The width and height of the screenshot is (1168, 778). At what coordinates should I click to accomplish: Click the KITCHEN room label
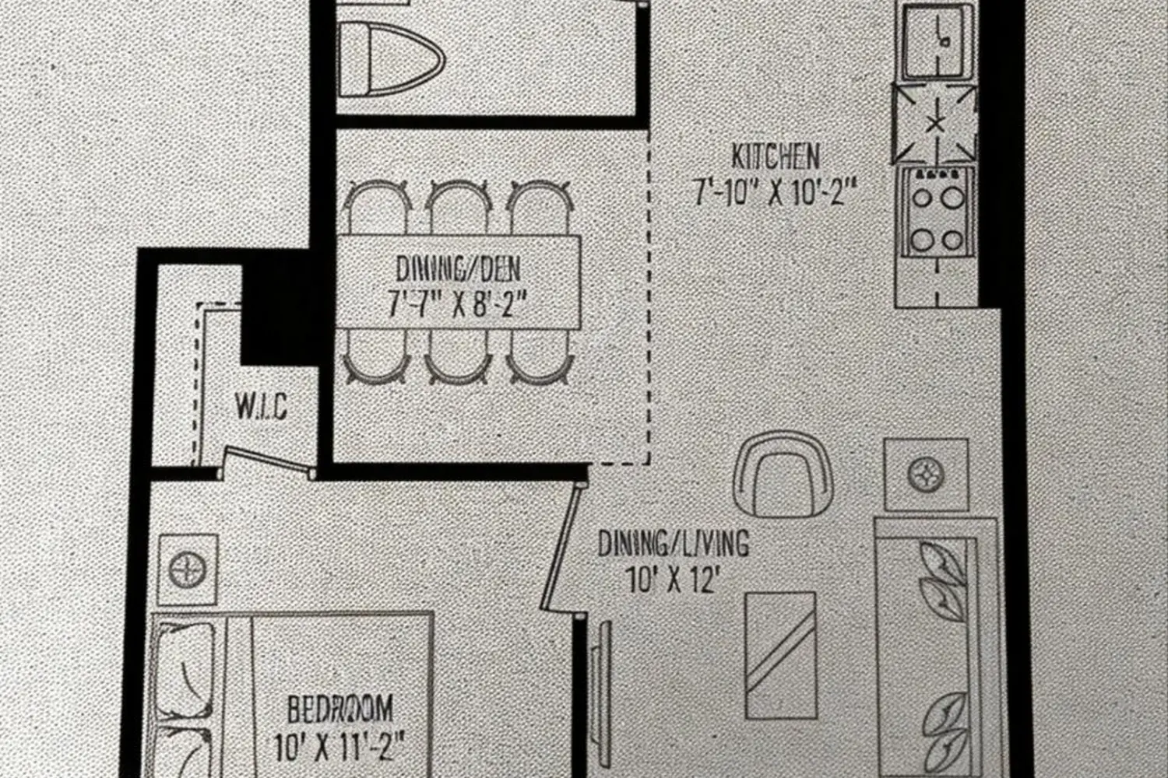(x=776, y=157)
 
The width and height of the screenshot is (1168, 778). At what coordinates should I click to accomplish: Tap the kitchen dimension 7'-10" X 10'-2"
(x=776, y=192)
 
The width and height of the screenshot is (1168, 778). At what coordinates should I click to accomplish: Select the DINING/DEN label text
(x=458, y=269)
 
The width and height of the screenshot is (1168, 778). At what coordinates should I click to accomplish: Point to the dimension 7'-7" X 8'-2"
(x=455, y=304)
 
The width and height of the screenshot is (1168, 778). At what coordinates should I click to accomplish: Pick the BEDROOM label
(x=340, y=709)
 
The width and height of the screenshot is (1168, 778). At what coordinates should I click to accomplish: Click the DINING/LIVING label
(x=674, y=543)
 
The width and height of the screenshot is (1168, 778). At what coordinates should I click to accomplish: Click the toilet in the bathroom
(x=391, y=59)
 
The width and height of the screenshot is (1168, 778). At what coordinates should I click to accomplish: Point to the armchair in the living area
(x=783, y=475)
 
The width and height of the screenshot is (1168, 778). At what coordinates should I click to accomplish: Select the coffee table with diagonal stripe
(x=780, y=655)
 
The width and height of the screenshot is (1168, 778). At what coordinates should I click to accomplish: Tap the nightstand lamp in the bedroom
(x=188, y=570)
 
